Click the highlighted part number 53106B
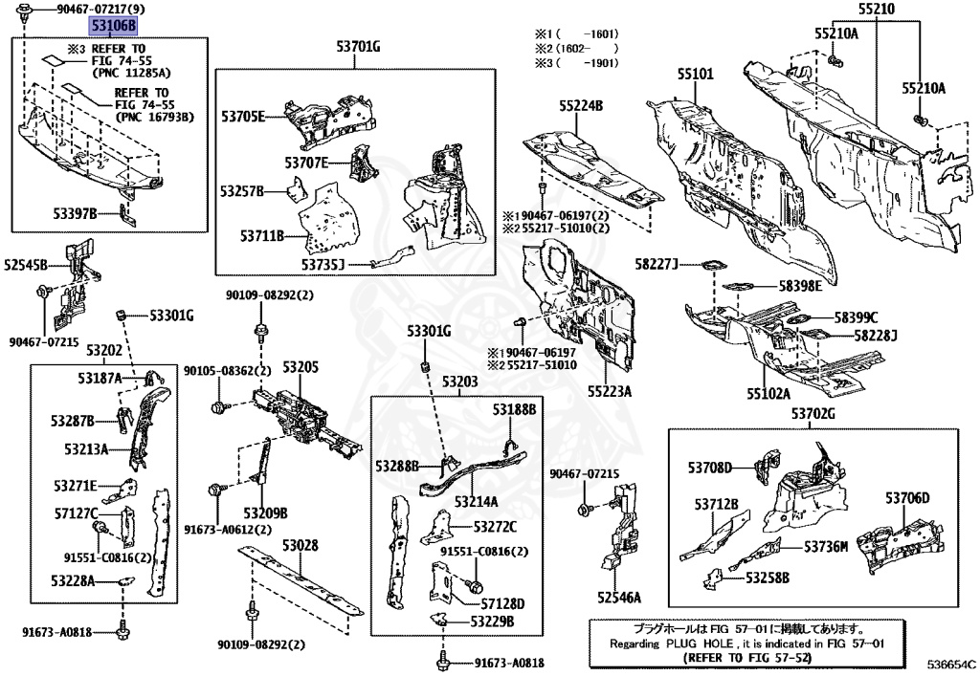[113, 26]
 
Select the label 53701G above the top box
[357, 46]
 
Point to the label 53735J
[323, 263]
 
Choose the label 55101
[696, 73]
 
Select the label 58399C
[855, 317]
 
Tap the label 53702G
[813, 413]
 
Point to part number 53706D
[907, 498]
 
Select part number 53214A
[479, 501]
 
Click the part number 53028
[299, 546]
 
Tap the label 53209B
[265, 512]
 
